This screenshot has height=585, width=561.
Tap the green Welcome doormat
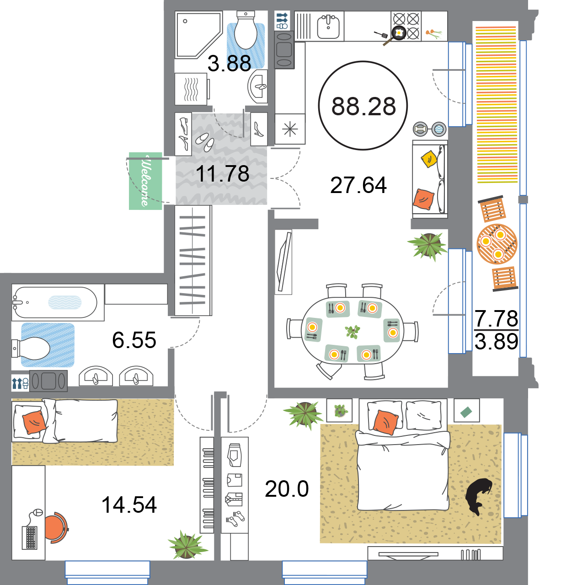pos(145,181)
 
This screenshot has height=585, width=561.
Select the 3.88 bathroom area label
pos(229,64)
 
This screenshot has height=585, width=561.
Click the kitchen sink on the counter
pos(328,27)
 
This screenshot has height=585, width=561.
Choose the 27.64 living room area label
pos(358,185)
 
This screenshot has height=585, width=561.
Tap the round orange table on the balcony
pos(497,244)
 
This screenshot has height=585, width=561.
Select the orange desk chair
pos(57,527)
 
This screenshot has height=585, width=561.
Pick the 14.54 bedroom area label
pos(129,505)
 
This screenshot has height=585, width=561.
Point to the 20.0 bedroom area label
pos(287,489)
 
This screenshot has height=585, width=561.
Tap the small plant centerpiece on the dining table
pos(352,332)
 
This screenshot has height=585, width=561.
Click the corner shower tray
pos(198,35)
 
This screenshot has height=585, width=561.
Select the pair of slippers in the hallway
pos(205,142)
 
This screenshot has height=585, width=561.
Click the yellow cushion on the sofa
pos(429,159)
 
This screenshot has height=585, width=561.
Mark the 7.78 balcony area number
pos(497,319)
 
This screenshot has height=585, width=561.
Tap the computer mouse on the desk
pos(37,512)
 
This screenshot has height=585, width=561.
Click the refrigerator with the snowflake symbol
pos(290,129)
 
